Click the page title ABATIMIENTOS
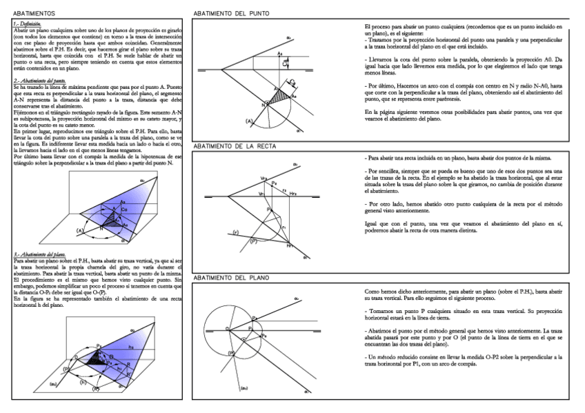(33, 13)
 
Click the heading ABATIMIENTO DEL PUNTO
(231, 13)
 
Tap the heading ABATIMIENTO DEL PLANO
(231, 278)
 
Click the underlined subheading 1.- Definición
(28, 24)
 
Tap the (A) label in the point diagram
(249, 121)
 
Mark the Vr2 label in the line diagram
(264, 178)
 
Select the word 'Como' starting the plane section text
(372, 292)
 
